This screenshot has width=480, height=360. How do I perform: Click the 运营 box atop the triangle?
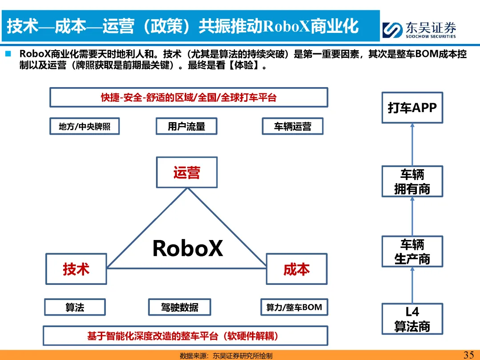(187, 172)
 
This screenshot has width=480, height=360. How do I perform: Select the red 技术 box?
(76, 269)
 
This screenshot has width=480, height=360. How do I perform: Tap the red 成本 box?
(296, 269)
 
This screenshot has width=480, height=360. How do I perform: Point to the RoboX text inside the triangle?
(187, 248)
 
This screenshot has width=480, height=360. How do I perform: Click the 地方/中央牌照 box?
(84, 127)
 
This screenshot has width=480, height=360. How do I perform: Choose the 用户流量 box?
(187, 127)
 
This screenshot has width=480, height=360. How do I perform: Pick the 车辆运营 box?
(292, 127)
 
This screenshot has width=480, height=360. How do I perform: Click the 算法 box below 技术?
(75, 307)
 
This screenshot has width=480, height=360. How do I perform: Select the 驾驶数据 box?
(180, 307)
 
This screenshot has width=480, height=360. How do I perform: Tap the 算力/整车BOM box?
(294, 307)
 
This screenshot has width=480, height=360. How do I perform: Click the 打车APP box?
(412, 108)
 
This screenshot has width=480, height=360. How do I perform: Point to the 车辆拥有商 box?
(412, 181)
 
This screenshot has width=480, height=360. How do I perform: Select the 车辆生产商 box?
(412, 252)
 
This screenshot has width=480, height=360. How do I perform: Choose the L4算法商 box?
(412, 319)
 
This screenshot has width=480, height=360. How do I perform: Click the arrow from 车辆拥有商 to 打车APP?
(412, 144)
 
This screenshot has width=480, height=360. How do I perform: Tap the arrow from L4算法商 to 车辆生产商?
(412, 285)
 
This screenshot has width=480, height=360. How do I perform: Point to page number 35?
(468, 355)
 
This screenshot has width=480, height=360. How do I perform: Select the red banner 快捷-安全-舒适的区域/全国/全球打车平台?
(188, 97)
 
